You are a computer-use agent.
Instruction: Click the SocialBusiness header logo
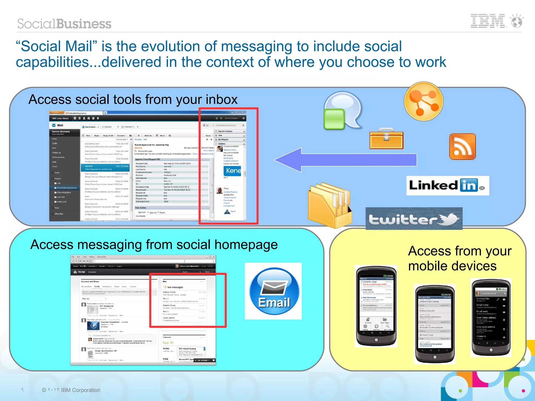point(64,24)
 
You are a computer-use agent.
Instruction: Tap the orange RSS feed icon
point(462,147)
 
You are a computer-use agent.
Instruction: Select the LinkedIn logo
point(447,185)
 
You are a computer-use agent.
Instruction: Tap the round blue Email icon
point(274,291)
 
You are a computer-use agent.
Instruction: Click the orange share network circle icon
point(423,101)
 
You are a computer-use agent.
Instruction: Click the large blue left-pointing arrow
point(345,160)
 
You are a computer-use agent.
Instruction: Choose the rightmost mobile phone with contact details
point(491,317)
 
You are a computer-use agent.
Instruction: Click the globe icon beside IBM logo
point(517,21)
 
